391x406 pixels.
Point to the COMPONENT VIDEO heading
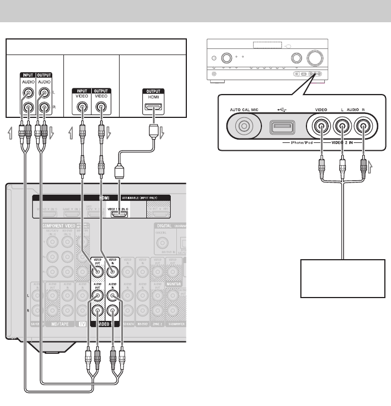click(62, 225)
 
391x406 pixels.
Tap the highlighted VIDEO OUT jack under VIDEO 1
click(98, 271)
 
